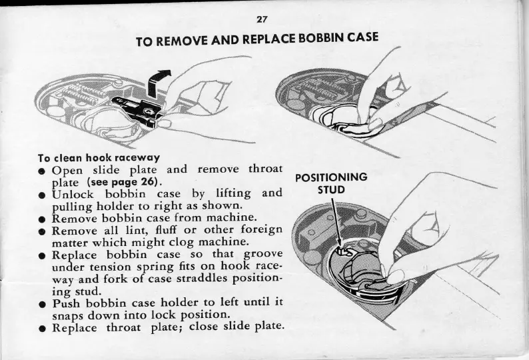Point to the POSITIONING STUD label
pos(331,183)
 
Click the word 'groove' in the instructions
pos(261,254)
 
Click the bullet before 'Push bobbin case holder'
pos(41,303)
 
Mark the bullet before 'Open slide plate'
pos(41,171)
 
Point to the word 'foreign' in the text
pos(261,229)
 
